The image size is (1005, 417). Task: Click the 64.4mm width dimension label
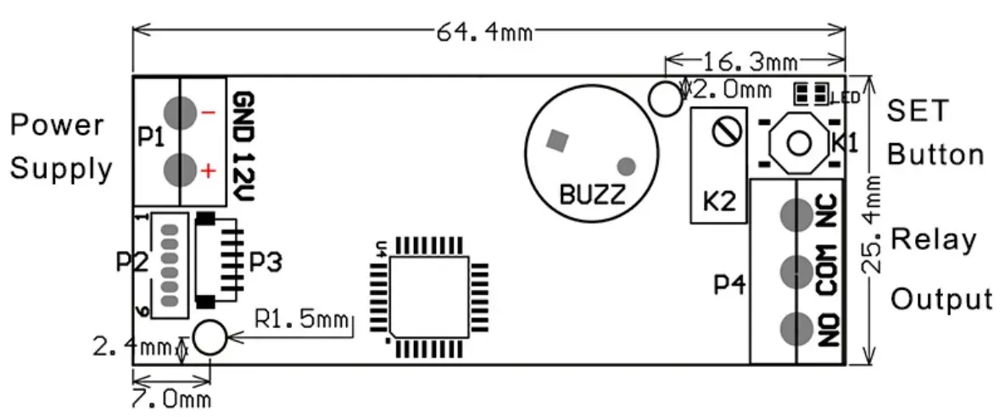[484, 32]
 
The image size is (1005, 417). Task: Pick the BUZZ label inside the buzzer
[592, 195]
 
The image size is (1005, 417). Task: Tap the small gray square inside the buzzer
[557, 140]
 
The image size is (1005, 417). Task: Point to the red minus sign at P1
[208, 113]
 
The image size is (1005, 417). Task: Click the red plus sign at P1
[208, 171]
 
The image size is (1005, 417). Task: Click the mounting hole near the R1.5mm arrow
[209, 337]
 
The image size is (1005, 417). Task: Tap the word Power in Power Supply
[56, 125]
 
